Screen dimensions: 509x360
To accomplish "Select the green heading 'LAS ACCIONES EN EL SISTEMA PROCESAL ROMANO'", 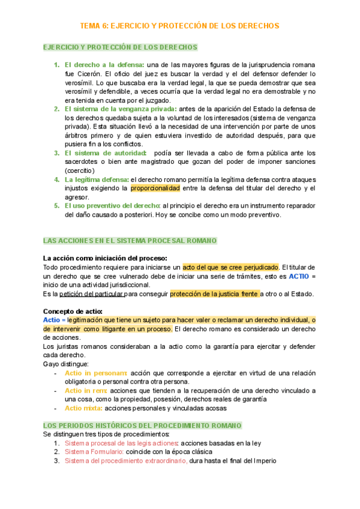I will pos(122,241).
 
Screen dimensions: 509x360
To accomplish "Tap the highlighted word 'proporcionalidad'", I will pos(155,188).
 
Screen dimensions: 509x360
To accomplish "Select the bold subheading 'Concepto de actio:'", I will pos(73,311).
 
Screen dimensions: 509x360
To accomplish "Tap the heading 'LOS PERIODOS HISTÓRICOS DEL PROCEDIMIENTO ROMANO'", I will pos(142,425).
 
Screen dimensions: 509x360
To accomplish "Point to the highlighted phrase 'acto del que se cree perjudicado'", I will pos(230,267).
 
